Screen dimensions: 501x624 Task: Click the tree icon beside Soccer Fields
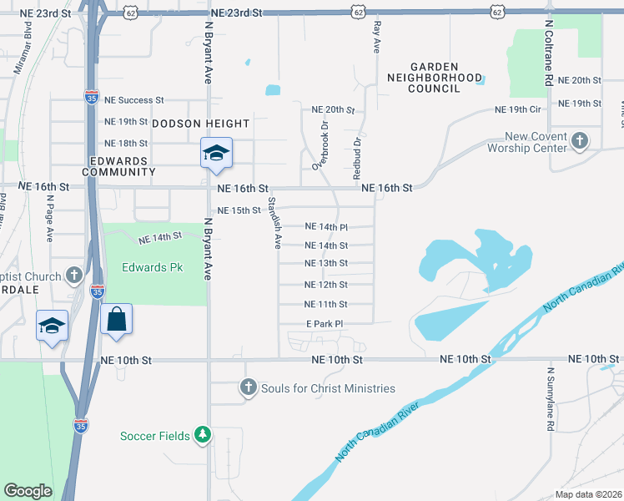(x=202, y=435)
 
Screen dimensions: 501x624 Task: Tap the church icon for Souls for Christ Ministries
(x=248, y=387)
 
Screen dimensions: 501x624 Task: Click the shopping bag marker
(x=116, y=320)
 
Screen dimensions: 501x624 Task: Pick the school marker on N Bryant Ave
(x=216, y=153)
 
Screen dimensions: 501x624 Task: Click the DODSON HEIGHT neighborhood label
(x=200, y=124)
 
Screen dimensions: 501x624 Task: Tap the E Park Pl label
(x=325, y=324)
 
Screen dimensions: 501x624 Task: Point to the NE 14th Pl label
(x=326, y=227)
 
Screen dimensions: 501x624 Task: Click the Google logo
(x=28, y=491)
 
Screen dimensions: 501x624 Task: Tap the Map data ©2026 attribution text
(x=588, y=494)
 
